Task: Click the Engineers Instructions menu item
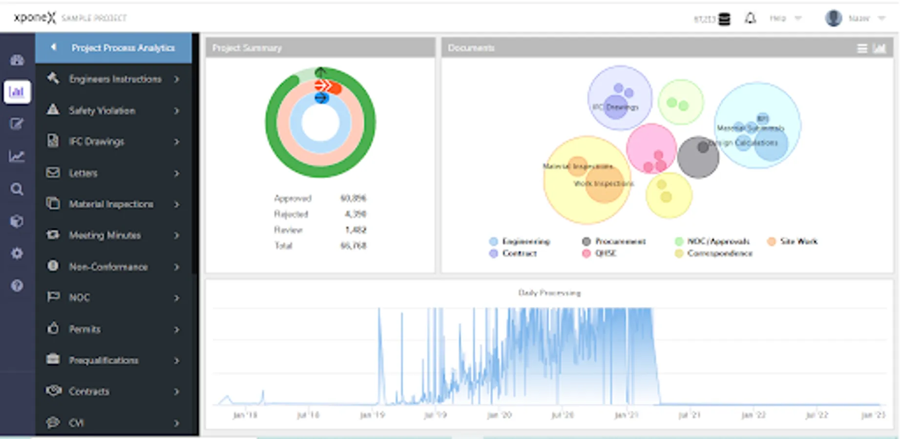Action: pyautogui.click(x=115, y=79)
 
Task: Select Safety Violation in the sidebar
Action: pyautogui.click(x=102, y=111)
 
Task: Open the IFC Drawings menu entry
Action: pyautogui.click(x=96, y=142)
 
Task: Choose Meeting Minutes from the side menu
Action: pyautogui.click(x=105, y=236)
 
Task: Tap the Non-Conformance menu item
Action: pyautogui.click(x=108, y=267)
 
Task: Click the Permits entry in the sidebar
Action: pyautogui.click(x=84, y=329)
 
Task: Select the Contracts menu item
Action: pyautogui.click(x=89, y=392)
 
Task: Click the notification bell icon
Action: pyautogui.click(x=750, y=19)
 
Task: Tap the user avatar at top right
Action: pyautogui.click(x=833, y=19)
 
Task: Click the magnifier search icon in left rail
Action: pyautogui.click(x=17, y=189)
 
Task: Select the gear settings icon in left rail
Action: pyautogui.click(x=17, y=254)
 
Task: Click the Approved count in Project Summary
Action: pyautogui.click(x=353, y=199)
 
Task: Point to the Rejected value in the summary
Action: pyautogui.click(x=355, y=214)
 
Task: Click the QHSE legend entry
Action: pyautogui.click(x=606, y=254)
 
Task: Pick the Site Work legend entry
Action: pyautogui.click(x=798, y=241)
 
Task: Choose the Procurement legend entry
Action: pyautogui.click(x=620, y=241)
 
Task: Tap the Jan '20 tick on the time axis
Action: pyautogui.click(x=499, y=415)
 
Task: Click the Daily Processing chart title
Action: pyautogui.click(x=549, y=293)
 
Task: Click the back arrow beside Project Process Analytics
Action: pyautogui.click(x=54, y=47)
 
